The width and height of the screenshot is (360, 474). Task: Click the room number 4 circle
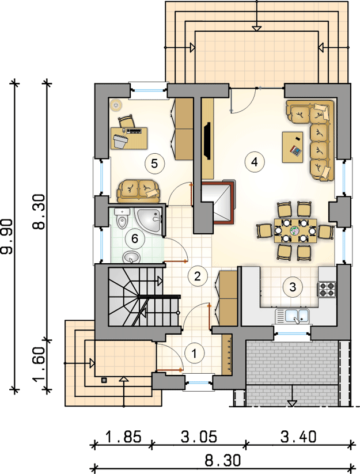pos(255,162)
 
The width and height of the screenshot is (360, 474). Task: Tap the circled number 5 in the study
pos(154,164)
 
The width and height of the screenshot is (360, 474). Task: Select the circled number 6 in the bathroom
pos(135,239)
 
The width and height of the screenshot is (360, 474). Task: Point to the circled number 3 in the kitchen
pos(293,287)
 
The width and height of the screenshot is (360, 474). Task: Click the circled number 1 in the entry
pos(194,353)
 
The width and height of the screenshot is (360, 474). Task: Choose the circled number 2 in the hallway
pos(198,276)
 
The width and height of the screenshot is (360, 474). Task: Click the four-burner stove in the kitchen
pos(326,289)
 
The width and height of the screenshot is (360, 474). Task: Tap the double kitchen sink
pos(292,317)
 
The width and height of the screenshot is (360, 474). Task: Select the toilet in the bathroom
pos(122,218)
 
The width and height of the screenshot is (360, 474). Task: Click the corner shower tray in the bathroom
pos(150,220)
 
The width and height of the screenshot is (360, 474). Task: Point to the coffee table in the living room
pos(293,147)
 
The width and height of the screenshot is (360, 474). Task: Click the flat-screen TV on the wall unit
pos(207,141)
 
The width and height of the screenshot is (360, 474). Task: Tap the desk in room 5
pos(129,138)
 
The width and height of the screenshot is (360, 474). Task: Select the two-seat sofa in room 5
pos(138,191)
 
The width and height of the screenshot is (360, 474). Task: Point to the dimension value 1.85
pos(123,437)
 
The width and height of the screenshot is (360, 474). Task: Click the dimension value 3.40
pos(298,437)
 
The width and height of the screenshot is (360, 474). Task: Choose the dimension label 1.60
pos(40,364)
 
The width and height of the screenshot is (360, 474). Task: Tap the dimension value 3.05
pos(199,437)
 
